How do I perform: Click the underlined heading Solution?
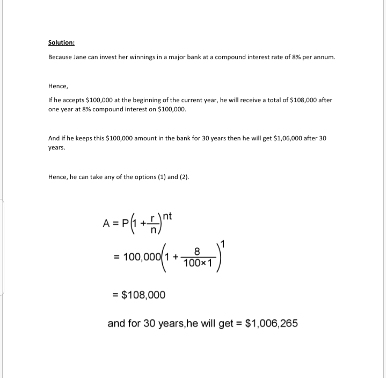pyautogui.click(x=61, y=42)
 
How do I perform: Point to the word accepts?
pyautogui.click(x=74, y=101)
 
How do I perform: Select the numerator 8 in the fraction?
pyautogui.click(x=197, y=251)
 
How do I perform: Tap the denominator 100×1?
pyautogui.click(x=198, y=263)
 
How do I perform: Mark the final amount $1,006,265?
pyautogui.click(x=271, y=323)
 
